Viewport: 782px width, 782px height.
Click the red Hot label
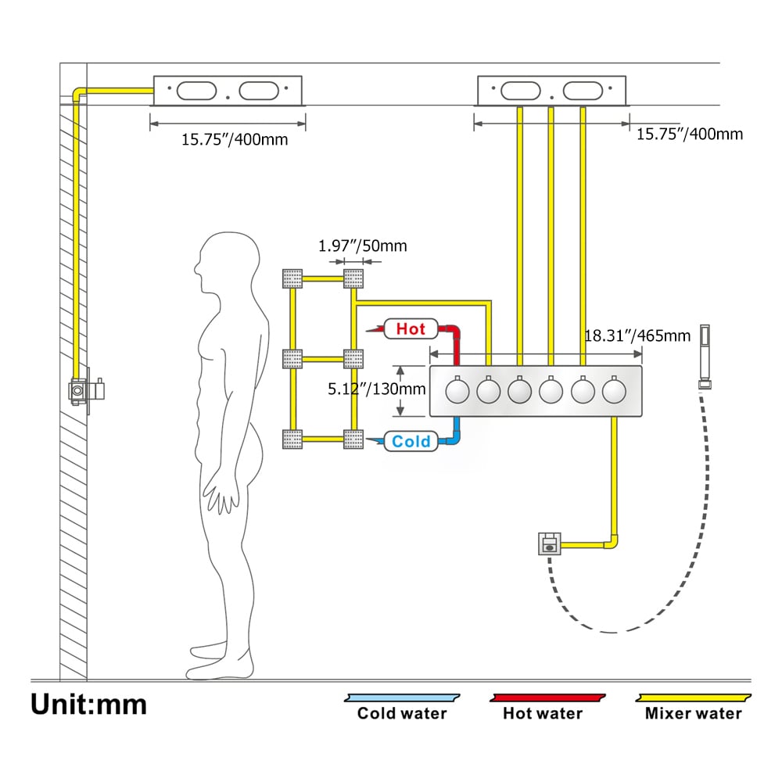click(410, 328)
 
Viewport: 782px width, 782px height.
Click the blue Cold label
click(411, 442)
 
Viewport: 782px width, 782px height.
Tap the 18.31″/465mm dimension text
click(637, 336)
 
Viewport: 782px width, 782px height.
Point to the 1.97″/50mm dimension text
click(362, 246)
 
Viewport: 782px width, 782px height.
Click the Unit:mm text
click(88, 704)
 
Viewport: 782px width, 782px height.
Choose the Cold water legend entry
click(402, 713)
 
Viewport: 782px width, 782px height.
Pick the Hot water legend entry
click(543, 713)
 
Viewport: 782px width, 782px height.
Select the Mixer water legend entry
click(694, 713)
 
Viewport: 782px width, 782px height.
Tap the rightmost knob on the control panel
click(613, 389)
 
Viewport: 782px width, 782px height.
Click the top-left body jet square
click(292, 278)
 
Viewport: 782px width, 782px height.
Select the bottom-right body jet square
click(353, 439)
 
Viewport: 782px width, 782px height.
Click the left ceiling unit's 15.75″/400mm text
click(235, 140)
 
